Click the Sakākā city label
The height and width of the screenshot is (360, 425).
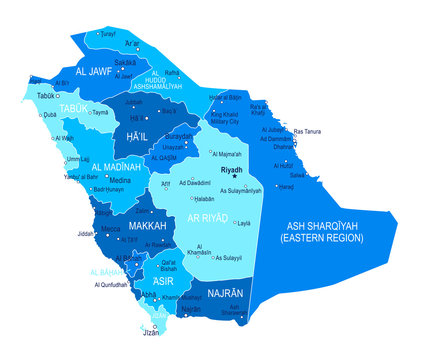125,62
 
